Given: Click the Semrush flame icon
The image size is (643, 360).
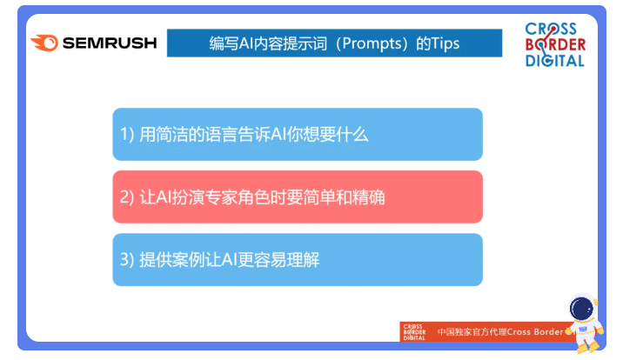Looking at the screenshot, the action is click(44, 43).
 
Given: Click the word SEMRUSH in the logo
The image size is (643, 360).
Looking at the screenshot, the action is click(110, 43).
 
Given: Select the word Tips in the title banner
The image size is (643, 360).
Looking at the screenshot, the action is click(445, 43).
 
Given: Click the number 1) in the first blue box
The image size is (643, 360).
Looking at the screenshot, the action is click(127, 135).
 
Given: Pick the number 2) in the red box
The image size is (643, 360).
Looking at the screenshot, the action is click(127, 197).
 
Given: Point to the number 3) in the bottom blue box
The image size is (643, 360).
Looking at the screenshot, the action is click(127, 260).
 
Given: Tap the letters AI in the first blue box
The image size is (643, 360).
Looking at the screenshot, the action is click(278, 135).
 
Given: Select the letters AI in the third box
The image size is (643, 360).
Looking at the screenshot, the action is click(230, 260).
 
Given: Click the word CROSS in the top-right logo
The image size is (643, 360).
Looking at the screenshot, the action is click(551, 29).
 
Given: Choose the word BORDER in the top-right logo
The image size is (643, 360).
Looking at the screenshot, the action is click(556, 44).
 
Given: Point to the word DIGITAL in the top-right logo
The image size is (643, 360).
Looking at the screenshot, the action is click(555, 61).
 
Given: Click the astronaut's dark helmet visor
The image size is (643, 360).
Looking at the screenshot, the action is click(581, 310).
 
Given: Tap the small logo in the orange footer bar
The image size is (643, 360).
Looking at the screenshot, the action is click(414, 332).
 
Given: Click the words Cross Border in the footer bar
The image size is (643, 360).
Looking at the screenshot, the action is click(535, 331).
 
